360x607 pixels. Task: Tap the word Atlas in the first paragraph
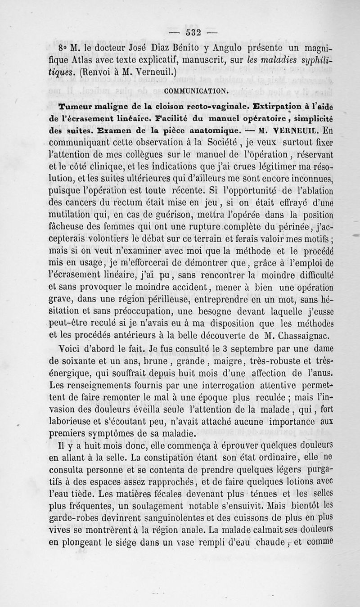point(92,58)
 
